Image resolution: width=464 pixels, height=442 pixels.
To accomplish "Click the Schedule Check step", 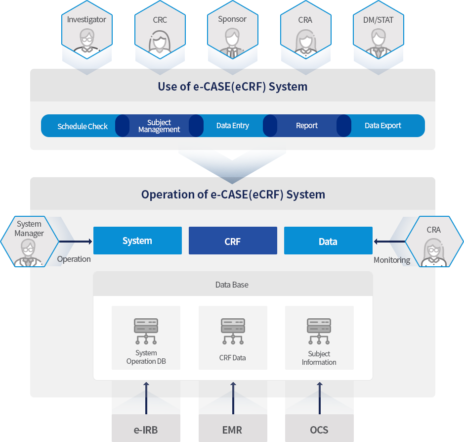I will coord(82,126).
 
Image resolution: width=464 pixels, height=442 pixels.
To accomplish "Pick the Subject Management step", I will coord(159,126).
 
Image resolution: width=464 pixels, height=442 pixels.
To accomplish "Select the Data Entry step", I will coord(233,126).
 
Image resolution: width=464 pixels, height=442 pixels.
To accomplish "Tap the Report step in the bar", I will coord(307,126).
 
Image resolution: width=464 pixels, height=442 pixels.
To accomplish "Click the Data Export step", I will coord(383,126).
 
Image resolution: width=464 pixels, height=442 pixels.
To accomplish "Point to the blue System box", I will coord(137,241).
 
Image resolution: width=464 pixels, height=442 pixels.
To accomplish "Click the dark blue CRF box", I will coord(233,241).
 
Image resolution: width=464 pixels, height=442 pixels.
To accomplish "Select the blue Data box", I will coord(328,241).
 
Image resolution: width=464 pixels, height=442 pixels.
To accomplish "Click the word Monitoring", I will coord(392,260).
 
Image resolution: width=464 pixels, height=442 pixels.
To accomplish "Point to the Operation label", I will coord(74,259).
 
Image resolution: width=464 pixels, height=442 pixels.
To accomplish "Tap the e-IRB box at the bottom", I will coord(146,429).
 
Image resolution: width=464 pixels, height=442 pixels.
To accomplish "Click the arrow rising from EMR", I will coord(233,398).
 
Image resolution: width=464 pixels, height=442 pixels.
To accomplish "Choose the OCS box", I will coord(319,429).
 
